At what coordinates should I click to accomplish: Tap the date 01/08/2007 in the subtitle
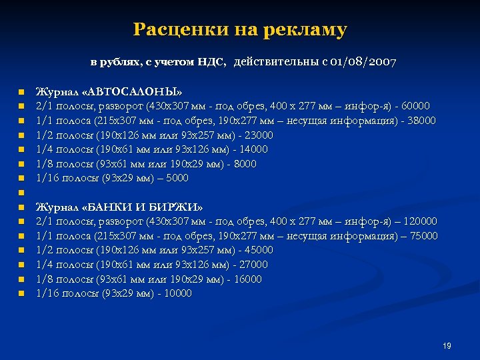(363, 63)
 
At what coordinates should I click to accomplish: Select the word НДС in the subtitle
(211, 63)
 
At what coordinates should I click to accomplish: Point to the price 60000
(415, 106)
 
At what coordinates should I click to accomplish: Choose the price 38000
(421, 121)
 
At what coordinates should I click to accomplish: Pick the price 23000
(259, 135)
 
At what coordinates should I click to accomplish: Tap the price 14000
(253, 149)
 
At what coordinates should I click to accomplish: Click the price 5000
(176, 178)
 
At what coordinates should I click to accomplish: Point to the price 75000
(423, 236)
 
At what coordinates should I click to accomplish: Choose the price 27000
(253, 265)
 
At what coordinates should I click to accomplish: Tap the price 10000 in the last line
(177, 293)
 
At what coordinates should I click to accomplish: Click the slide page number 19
(447, 346)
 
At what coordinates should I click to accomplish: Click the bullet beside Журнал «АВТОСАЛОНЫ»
(21, 92)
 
